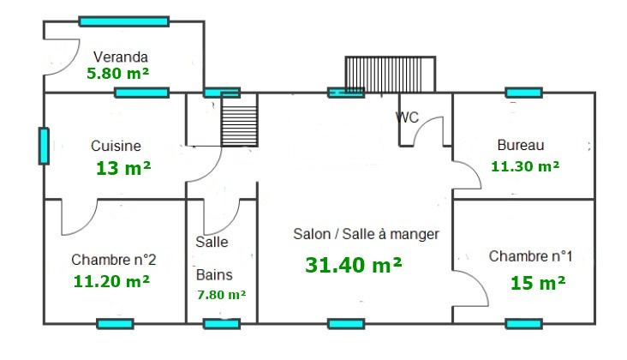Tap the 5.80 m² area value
117,75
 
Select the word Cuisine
116,146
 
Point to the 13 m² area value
123,168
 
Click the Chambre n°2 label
113,259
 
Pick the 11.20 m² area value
112,279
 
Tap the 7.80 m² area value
221,294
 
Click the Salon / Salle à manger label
366,233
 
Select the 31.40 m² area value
354,265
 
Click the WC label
407,117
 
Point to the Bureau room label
521,145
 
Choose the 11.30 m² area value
525,166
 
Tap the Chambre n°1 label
530,256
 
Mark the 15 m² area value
537,281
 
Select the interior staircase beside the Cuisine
239,121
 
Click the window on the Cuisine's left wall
44,146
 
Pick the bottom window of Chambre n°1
523,323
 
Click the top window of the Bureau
523,92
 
